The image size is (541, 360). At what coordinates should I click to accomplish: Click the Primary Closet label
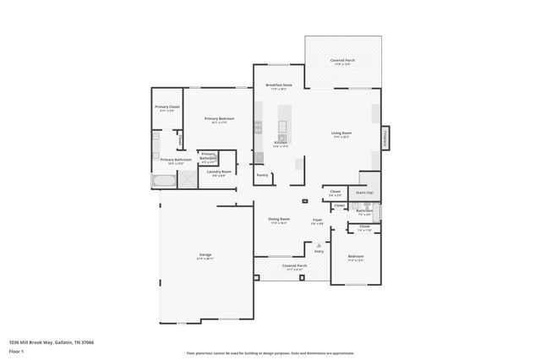pyautogui.click(x=167, y=107)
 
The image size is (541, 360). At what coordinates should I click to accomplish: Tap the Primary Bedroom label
pyautogui.click(x=219, y=120)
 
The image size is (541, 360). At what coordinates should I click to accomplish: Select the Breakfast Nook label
pyautogui.click(x=279, y=86)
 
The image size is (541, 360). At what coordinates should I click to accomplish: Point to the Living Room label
pyautogui.click(x=342, y=134)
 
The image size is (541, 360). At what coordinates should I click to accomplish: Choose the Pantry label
pyautogui.click(x=262, y=175)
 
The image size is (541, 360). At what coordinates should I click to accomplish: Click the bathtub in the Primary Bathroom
pyautogui.click(x=165, y=180)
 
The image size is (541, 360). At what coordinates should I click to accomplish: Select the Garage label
pyautogui.click(x=205, y=255)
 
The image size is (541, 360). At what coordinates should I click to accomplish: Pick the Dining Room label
pyautogui.click(x=278, y=221)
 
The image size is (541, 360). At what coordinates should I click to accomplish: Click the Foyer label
pyautogui.click(x=318, y=221)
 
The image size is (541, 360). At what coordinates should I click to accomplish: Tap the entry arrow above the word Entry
pyautogui.click(x=319, y=244)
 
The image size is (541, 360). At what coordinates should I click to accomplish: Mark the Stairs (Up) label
pyautogui.click(x=363, y=193)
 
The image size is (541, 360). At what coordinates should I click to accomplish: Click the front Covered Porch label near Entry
pyautogui.click(x=295, y=266)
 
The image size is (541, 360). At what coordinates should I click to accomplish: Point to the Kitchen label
pyautogui.click(x=281, y=144)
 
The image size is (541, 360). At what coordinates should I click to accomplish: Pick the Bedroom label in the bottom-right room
pyautogui.click(x=356, y=257)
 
